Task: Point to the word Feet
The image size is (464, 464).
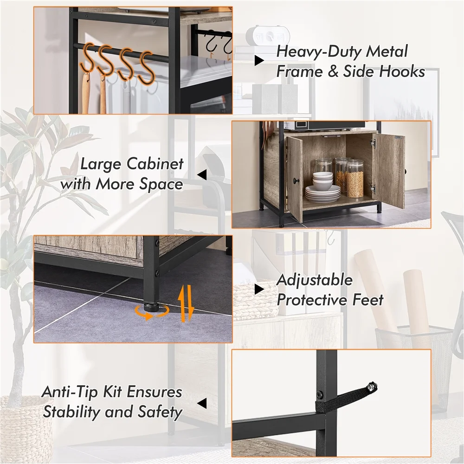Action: pyautogui.click(x=368, y=300)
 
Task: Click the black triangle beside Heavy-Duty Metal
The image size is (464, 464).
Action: pyautogui.click(x=259, y=61)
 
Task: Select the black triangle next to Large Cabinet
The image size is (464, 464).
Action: pyautogui.click(x=202, y=174)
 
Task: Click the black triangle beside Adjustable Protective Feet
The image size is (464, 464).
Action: pyautogui.click(x=259, y=290)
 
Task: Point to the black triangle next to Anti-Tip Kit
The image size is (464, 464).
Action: pyautogui.click(x=202, y=403)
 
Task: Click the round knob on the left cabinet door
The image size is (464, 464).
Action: pyautogui.click(x=296, y=181)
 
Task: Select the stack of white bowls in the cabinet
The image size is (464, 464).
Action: pyautogui.click(x=323, y=181)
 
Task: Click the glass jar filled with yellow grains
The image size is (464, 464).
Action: pyautogui.click(x=355, y=179)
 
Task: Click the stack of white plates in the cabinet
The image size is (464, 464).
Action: pyautogui.click(x=323, y=194)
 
